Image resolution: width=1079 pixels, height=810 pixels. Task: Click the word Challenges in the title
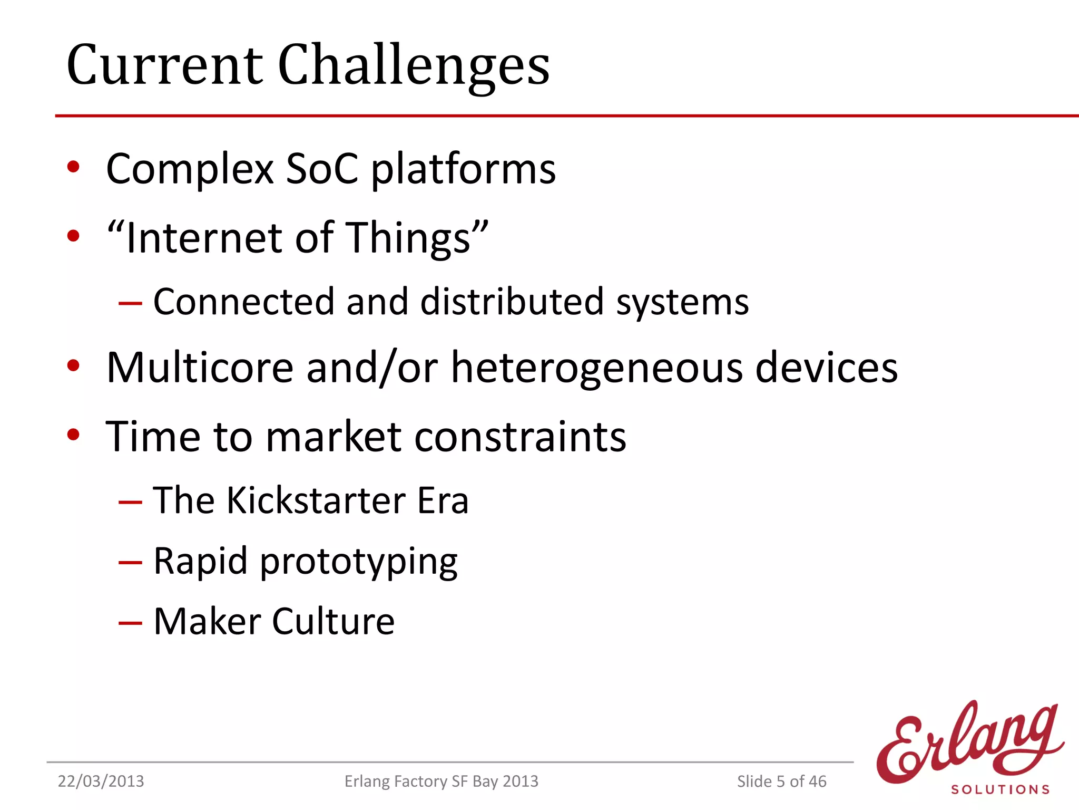click(414, 66)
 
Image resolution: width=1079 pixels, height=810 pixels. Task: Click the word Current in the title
click(164, 66)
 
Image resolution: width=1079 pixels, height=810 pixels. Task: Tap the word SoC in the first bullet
click(321, 169)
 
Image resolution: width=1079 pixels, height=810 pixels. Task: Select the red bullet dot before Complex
click(73, 167)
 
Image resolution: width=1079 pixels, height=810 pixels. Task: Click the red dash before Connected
click(130, 303)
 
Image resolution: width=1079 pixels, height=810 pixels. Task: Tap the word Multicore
click(200, 368)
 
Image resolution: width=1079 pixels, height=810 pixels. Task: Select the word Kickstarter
click(316, 500)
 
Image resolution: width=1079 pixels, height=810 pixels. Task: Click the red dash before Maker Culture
click(130, 623)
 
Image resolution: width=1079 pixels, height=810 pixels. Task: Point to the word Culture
click(333, 622)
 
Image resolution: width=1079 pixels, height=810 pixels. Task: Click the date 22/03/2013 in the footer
click(101, 782)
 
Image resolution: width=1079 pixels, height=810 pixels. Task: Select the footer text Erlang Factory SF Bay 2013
click(441, 782)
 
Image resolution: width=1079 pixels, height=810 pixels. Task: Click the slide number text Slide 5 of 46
click(781, 782)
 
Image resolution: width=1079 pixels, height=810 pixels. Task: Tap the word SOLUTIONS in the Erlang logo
click(1000, 789)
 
